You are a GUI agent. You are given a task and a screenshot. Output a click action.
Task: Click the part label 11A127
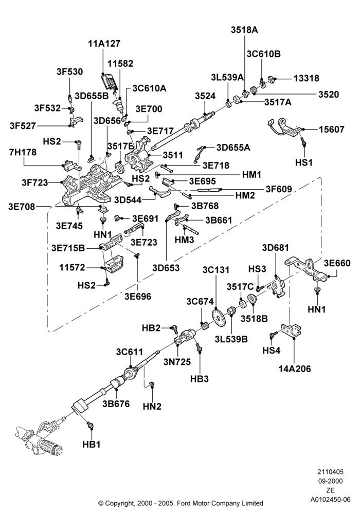point(104,44)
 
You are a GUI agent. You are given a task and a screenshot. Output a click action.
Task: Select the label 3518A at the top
point(244,30)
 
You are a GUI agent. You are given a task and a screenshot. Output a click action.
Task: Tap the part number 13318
point(306,78)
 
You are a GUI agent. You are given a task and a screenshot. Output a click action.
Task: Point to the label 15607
point(332,130)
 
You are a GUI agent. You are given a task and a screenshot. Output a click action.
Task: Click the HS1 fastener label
point(304,162)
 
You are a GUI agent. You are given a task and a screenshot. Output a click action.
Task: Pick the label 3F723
point(35,182)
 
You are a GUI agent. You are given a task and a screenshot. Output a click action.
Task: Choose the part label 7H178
point(23,153)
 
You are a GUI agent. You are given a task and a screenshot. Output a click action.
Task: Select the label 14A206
point(294,369)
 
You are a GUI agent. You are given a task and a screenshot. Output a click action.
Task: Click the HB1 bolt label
point(92,445)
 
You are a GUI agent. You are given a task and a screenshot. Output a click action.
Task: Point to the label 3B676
point(116,403)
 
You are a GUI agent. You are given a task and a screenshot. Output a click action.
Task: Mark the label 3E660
point(337,263)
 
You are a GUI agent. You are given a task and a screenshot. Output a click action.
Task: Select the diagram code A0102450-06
point(331,500)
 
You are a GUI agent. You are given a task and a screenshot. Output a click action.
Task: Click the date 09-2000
point(331,481)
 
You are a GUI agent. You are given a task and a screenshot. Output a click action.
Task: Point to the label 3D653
point(166,268)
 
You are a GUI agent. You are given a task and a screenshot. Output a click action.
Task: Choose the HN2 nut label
point(152,407)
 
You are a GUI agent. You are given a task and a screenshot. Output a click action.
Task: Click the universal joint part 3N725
point(185,338)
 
